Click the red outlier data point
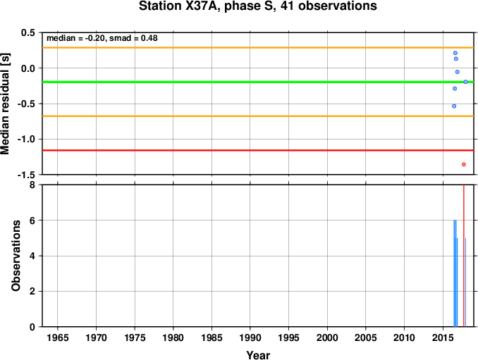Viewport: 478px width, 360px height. pyautogui.click(x=464, y=164)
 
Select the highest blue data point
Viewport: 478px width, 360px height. pyautogui.click(x=455, y=53)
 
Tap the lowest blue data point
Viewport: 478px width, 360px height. pyautogui.click(x=454, y=106)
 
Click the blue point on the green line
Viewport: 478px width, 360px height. pyautogui.click(x=465, y=82)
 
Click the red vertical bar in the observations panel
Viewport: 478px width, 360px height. pyautogui.click(x=464, y=256)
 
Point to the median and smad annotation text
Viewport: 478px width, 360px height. pyautogui.click(x=102, y=38)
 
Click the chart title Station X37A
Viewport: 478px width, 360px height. pyautogui.click(x=257, y=6)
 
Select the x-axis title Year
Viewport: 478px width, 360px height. pyautogui.click(x=258, y=355)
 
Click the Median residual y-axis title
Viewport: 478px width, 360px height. pyautogui.click(x=5, y=104)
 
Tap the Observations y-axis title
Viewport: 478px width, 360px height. pyautogui.click(x=16, y=256)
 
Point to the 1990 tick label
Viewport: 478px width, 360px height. pyautogui.click(x=250, y=337)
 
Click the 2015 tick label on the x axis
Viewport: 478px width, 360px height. pyautogui.click(x=443, y=337)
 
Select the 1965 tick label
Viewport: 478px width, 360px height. pyautogui.click(x=58, y=337)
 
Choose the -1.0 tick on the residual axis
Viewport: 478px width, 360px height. pyautogui.click(x=27, y=139)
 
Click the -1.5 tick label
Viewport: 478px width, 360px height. pyautogui.click(x=27, y=175)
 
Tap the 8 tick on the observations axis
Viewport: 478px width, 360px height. pyautogui.click(x=32, y=185)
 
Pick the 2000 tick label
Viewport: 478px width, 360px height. pyautogui.click(x=327, y=337)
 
